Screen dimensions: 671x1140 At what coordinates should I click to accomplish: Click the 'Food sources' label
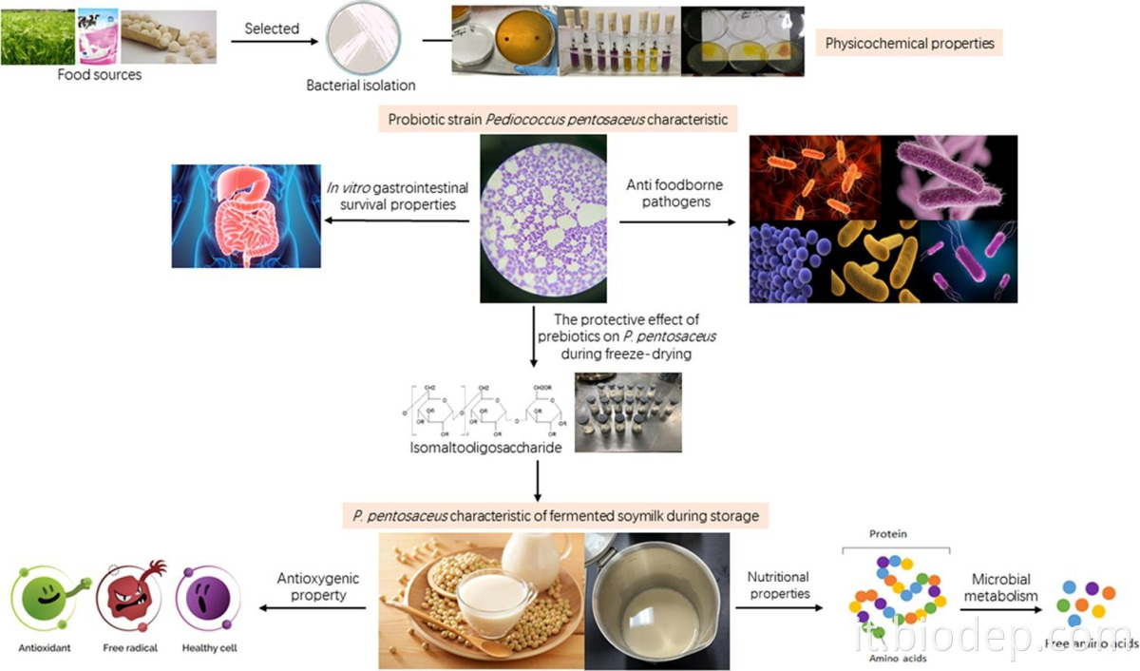point(99,74)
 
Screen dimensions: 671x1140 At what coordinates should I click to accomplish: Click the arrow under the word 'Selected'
point(273,42)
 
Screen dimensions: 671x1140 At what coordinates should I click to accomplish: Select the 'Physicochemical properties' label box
point(910,43)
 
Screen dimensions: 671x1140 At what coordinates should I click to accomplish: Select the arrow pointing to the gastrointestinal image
point(399,220)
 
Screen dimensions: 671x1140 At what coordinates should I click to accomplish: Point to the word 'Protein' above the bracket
point(887,534)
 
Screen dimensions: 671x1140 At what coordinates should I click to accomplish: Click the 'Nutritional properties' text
point(778,585)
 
